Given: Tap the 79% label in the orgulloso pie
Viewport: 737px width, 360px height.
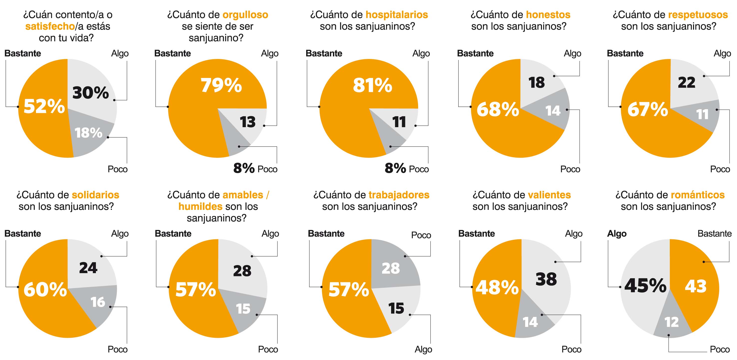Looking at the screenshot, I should (x=221, y=85).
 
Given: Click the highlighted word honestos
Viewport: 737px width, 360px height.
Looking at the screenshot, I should (x=548, y=14).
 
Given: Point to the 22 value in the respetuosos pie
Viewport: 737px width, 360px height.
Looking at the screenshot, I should (x=686, y=83).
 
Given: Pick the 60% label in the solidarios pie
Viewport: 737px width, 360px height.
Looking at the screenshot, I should (x=45, y=289).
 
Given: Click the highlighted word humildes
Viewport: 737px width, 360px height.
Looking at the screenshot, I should (x=200, y=206).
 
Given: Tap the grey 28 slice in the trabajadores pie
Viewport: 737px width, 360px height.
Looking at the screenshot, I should (x=391, y=268).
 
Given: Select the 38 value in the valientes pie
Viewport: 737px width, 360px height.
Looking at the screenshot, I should (x=546, y=279).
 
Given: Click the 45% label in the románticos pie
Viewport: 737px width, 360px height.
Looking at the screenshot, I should (x=645, y=286).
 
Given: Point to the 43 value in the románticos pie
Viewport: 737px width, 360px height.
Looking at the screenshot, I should (x=696, y=286).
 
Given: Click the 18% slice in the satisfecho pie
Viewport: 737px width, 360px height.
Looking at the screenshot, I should (x=88, y=133).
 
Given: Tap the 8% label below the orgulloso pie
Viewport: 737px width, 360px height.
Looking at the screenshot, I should (x=244, y=168).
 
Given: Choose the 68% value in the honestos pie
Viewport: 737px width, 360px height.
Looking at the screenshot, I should (x=497, y=109).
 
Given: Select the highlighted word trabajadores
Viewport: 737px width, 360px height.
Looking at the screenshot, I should (x=399, y=195).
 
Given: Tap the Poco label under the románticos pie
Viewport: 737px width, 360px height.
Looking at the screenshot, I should (x=720, y=350).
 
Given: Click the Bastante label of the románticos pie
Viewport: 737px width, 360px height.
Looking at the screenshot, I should (x=714, y=234).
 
